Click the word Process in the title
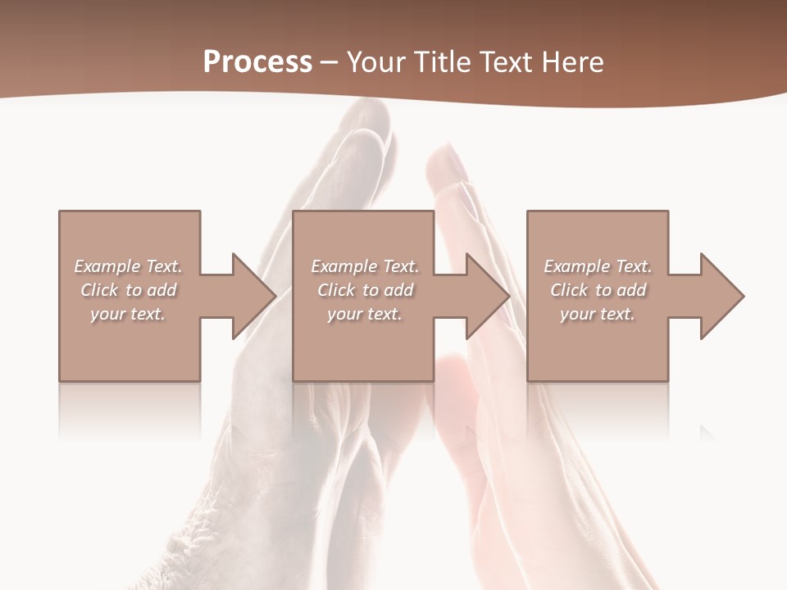[257, 62]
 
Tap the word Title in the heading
[441, 62]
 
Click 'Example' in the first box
[107, 266]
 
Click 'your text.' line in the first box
[128, 314]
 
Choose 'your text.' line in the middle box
[365, 314]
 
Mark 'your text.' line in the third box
[598, 314]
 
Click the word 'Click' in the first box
[99, 290]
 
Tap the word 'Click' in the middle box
[336, 290]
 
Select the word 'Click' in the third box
[569, 290]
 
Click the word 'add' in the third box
[631, 290]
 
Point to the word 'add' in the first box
[161, 290]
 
